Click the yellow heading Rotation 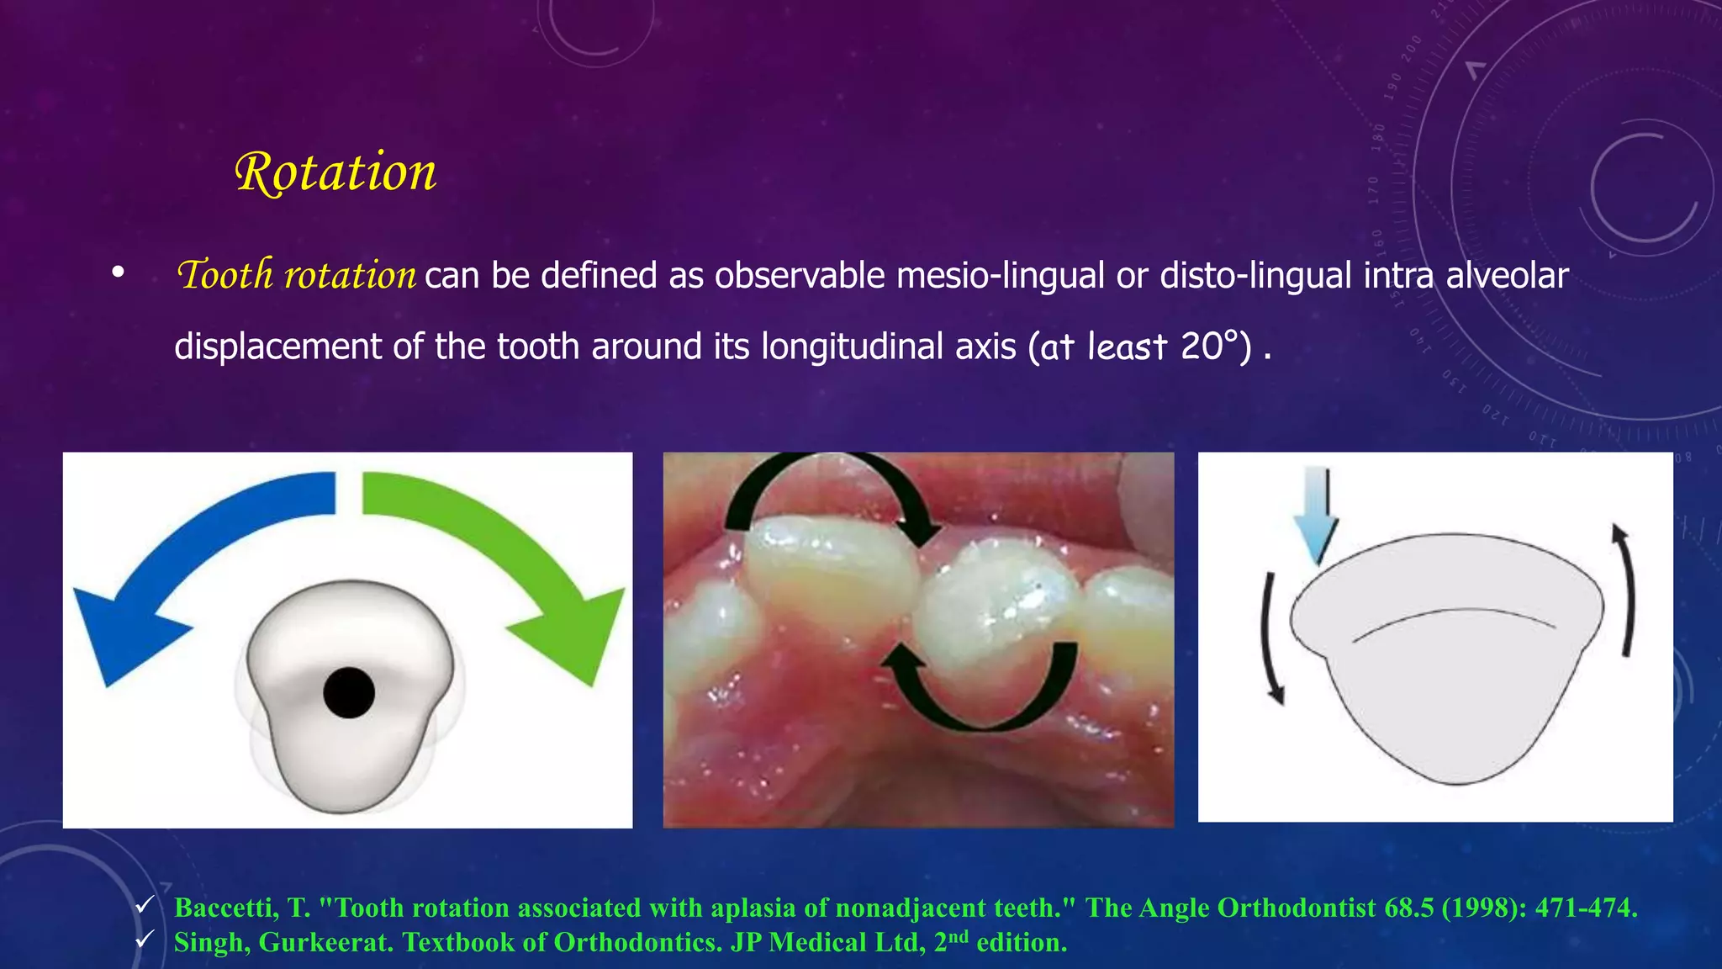coord(335,172)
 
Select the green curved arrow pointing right coord(504,538)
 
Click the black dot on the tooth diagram coord(349,692)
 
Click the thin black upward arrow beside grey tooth coord(1627,589)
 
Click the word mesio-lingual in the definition coord(1000,276)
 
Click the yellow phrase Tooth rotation coord(296,275)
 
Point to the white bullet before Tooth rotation coord(118,273)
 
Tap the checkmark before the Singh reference coord(145,939)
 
